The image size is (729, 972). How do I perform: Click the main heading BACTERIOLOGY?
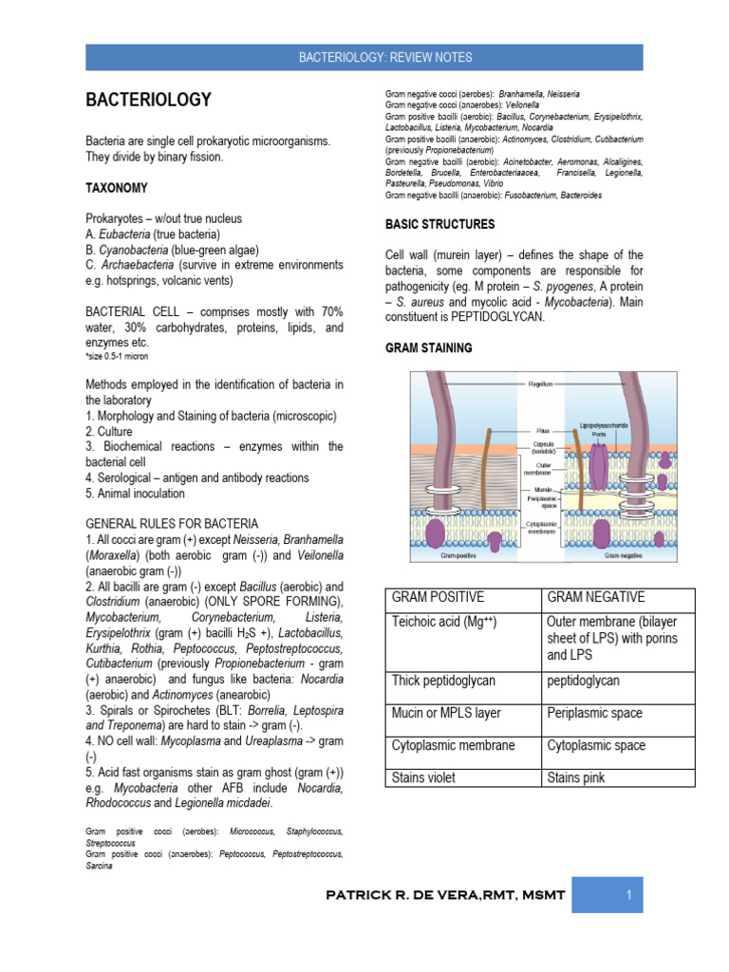click(x=149, y=100)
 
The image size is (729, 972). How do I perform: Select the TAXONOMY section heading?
click(x=117, y=189)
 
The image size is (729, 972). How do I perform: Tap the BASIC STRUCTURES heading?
click(x=439, y=225)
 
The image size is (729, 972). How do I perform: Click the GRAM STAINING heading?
click(x=428, y=348)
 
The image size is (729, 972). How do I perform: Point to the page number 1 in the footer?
click(x=628, y=895)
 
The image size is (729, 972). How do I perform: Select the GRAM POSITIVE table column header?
click(x=438, y=597)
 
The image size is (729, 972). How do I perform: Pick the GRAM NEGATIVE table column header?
click(x=596, y=597)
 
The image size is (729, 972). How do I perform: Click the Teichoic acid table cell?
click(x=442, y=622)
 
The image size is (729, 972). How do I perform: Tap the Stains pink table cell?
click(x=575, y=777)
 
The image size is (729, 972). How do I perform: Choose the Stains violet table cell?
click(x=423, y=777)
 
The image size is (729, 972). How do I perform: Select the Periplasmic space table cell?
click(x=594, y=713)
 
